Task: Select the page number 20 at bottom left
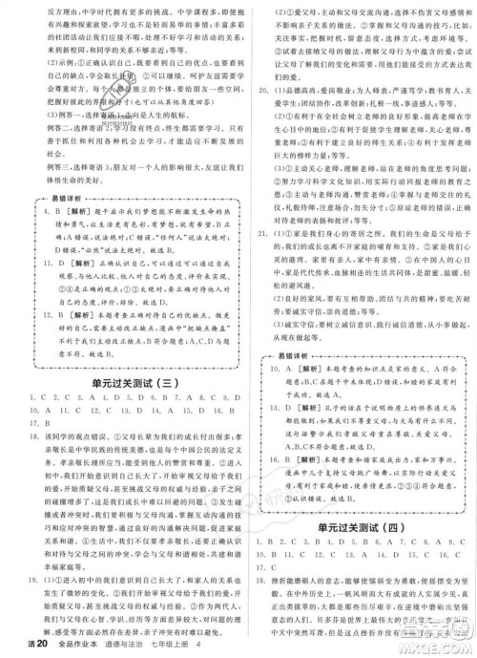pyautogui.click(x=26, y=648)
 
